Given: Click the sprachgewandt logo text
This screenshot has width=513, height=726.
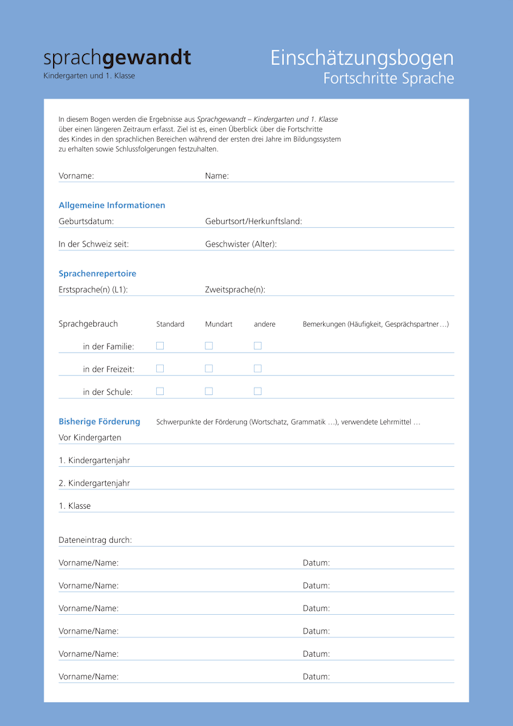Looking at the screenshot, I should coord(117,58).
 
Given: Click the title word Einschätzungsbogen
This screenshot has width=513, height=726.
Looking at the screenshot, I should coord(362,58).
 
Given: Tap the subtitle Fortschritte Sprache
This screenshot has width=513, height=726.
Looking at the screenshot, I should coord(388,79).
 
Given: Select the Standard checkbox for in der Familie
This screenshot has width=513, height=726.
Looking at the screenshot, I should coord(160,346).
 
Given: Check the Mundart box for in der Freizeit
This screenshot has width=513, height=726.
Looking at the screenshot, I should coord(209,369).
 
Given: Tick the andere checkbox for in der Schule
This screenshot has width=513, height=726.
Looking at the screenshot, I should coord(258,391).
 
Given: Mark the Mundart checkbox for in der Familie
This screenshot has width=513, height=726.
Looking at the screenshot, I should coord(209,346).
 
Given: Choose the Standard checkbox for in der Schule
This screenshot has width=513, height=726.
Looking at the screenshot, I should coord(160,391).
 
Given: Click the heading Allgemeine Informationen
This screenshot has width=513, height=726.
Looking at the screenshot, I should coord(112,205).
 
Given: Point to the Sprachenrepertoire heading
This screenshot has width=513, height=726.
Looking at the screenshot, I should coord(97,274).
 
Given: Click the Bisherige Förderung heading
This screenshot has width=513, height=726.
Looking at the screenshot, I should coord(99,422).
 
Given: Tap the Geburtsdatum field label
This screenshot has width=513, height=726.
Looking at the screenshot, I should coord(86,222).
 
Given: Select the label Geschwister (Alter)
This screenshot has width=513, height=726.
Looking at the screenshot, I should coord(241,244).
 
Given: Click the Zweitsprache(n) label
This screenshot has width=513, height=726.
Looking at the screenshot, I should coord(235,290).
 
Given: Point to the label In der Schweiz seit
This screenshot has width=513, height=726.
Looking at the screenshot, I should coord(93,244).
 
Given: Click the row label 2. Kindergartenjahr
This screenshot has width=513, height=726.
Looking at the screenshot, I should coord(94,483).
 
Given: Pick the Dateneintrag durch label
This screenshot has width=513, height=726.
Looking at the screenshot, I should coord(95,540).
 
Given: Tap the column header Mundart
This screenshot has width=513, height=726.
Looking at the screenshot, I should coord(219,324).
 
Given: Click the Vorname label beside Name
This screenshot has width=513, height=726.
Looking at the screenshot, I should coord(76,176).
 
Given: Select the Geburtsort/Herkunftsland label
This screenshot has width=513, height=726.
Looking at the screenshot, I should coord(253,222).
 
